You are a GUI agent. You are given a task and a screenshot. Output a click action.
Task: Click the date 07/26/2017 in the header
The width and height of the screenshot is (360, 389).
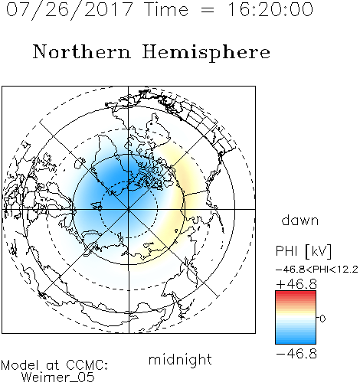click(x=70, y=10)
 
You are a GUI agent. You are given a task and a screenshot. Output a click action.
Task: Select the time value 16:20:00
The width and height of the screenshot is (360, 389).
click(x=270, y=9)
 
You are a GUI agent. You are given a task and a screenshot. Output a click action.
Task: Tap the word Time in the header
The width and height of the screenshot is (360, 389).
click(x=166, y=9)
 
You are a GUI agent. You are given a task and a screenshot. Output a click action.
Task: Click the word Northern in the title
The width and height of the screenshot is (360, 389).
click(x=82, y=51)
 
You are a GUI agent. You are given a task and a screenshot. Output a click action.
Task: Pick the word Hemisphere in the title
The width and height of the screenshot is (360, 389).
click(x=206, y=53)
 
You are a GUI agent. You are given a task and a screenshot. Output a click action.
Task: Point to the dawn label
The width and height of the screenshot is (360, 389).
click(x=300, y=220)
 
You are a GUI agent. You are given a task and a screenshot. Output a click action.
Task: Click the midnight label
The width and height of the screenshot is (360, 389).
click(x=180, y=360)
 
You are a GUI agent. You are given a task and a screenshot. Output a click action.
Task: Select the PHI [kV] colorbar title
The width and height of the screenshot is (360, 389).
click(x=303, y=251)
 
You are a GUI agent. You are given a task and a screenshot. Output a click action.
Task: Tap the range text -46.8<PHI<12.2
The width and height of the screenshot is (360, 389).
click(x=317, y=270)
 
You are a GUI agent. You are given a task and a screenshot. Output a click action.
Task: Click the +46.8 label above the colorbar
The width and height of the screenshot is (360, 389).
click(x=296, y=284)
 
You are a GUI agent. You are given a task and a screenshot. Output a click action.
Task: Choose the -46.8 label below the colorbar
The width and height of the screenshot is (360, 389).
click(x=296, y=354)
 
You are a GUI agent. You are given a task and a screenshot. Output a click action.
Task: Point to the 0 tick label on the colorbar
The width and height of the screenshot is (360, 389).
click(x=322, y=319)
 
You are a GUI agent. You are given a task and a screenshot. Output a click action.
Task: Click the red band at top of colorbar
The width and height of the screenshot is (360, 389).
click(x=296, y=295)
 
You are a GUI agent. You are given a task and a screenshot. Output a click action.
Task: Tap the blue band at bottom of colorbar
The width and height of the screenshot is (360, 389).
click(x=296, y=338)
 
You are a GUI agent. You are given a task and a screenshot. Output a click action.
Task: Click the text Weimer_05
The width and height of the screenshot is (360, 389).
click(x=58, y=378)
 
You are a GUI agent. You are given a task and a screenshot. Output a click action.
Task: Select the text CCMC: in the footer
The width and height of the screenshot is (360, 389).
click(x=87, y=364)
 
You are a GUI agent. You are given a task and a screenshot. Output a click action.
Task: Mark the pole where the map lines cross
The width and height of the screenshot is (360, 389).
click(x=129, y=209)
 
